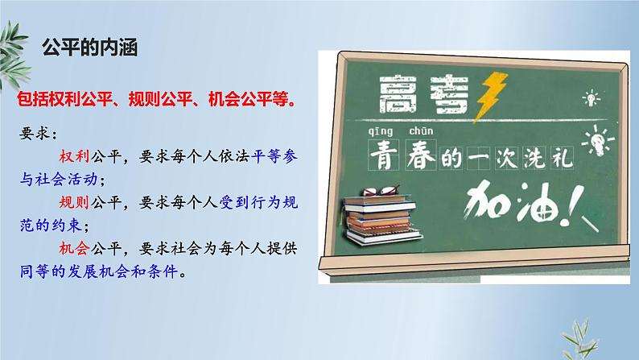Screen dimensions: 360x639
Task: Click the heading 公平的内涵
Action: [x=90, y=48]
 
